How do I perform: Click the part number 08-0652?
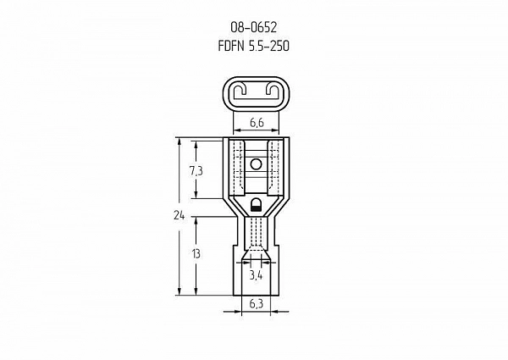pyautogui.click(x=254, y=28)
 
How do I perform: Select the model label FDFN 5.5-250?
pyautogui.click(x=254, y=46)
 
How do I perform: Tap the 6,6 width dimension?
pyautogui.click(x=257, y=123)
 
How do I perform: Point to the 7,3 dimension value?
pyautogui.click(x=196, y=171)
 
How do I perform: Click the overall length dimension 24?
pyautogui.click(x=179, y=215)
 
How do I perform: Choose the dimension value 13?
pyautogui.click(x=196, y=254)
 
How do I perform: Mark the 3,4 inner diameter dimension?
pyautogui.click(x=256, y=275)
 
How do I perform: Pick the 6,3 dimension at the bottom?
pyautogui.click(x=257, y=304)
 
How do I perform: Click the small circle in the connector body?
pyautogui.click(x=256, y=164)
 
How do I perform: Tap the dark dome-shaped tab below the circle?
pyautogui.click(x=256, y=206)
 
